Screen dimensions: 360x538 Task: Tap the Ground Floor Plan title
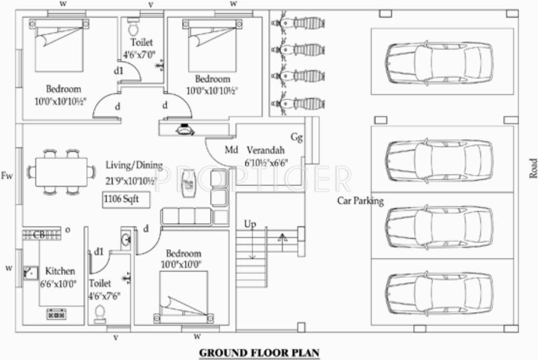click(x=259, y=353)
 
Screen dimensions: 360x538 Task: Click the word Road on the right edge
click(x=533, y=168)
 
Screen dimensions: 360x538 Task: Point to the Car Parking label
click(x=361, y=201)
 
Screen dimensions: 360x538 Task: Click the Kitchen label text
click(x=60, y=271)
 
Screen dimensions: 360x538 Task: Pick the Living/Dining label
click(x=134, y=165)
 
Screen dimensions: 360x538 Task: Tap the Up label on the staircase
click(x=250, y=224)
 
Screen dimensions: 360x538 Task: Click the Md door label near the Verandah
click(x=230, y=150)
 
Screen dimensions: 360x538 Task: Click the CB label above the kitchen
click(x=39, y=234)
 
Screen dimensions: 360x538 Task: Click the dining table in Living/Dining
click(x=62, y=172)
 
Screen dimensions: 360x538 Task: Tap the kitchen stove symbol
click(x=56, y=314)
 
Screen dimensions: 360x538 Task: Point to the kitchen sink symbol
click(x=30, y=275)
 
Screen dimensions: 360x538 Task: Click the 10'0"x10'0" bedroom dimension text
click(x=183, y=264)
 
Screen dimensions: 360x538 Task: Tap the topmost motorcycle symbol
click(x=300, y=24)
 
